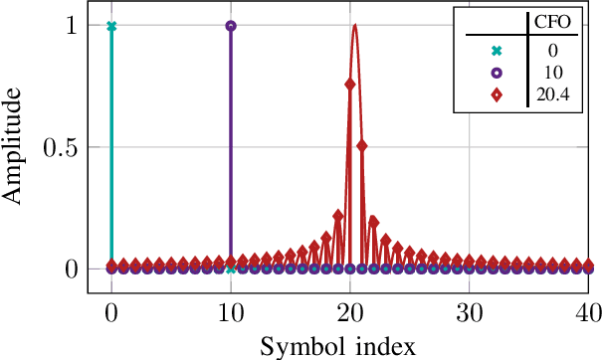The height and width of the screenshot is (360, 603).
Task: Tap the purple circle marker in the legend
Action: [496, 74]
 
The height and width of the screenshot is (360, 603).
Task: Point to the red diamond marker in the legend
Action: [496, 95]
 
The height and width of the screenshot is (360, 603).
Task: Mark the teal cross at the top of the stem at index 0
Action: [111, 27]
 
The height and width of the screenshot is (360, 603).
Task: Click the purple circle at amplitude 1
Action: [231, 27]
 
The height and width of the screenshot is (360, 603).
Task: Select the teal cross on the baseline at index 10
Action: [231, 269]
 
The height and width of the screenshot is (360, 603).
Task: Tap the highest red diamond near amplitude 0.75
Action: [350, 85]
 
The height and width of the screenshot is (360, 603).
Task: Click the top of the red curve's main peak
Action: [354, 25]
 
